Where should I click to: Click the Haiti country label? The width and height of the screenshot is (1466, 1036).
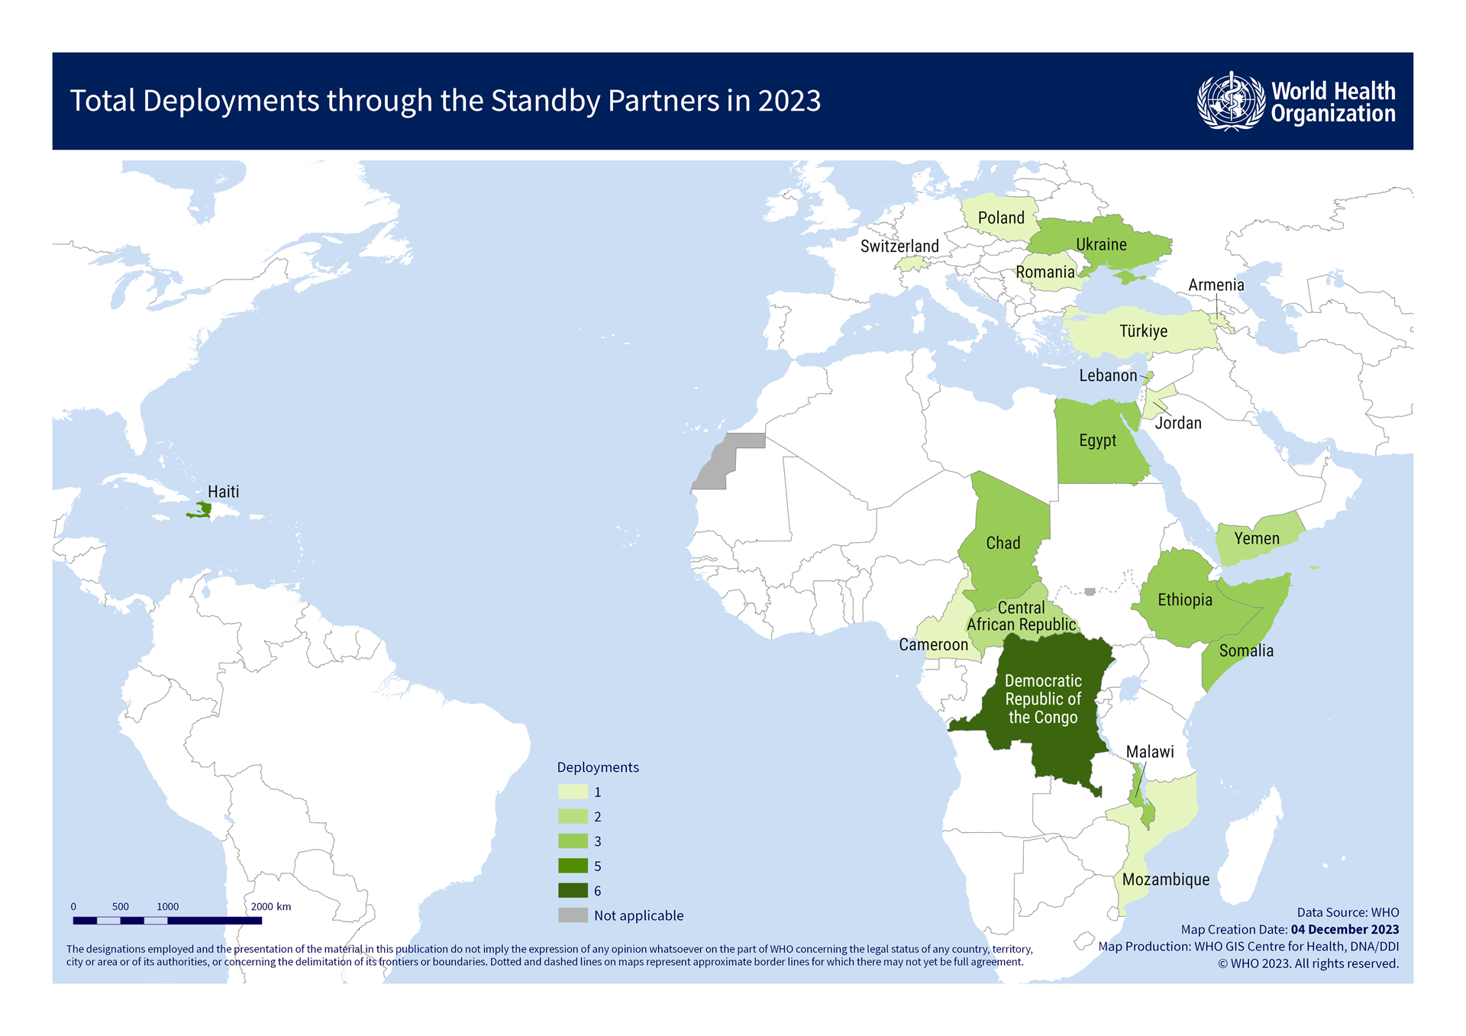coord(223,492)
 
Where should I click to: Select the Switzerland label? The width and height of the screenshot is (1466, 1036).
coord(899,246)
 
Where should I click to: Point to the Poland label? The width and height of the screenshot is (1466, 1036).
coord(1001,218)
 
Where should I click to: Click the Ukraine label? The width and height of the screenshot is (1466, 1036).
coord(1101,244)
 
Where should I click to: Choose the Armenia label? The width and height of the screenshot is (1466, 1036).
coord(1216,285)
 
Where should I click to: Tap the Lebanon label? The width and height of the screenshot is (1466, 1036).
coord(1108,375)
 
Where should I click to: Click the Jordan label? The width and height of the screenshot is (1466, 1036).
coord(1178,423)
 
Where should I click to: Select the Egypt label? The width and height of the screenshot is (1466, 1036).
coord(1097,441)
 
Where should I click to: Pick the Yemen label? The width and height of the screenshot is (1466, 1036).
coord(1257,538)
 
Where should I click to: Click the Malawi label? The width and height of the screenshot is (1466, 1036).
coord(1150,752)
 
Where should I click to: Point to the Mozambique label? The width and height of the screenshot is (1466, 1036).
coord(1166,879)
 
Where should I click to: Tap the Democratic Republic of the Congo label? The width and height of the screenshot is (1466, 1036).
coord(1043,699)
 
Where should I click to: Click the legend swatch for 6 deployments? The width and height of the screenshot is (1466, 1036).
coord(573,891)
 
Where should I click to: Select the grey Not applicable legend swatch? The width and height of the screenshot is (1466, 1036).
coord(573,915)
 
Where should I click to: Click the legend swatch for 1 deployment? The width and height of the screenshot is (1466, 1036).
coord(573,792)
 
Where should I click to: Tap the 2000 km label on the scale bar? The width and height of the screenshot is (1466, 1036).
coord(271,907)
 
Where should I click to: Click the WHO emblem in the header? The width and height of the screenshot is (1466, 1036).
coord(1230,101)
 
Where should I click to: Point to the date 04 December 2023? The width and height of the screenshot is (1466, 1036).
coord(1345,930)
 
